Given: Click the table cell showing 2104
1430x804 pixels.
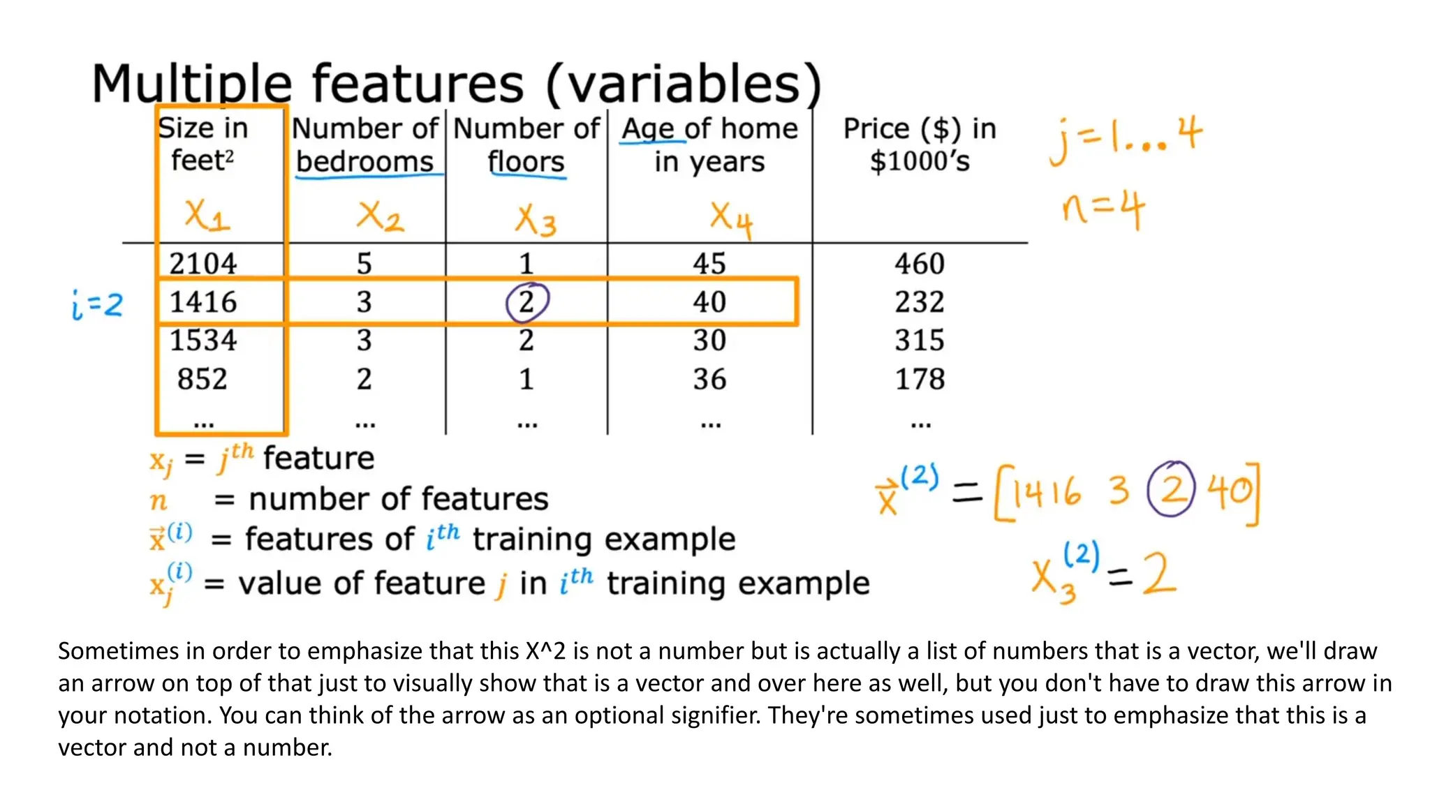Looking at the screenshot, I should tap(202, 264).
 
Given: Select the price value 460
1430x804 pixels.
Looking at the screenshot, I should tap(920, 264).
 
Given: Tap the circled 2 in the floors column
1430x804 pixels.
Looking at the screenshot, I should tap(527, 302).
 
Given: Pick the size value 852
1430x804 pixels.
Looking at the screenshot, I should tap(202, 379).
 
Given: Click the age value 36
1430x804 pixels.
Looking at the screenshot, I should tap(709, 379).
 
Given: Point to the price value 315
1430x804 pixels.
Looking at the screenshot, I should tap(920, 341).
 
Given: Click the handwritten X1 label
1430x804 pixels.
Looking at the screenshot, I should tap(207, 215).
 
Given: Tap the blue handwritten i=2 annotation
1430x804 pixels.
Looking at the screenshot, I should tap(97, 304).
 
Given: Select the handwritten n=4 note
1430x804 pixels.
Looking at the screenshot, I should tap(1103, 209).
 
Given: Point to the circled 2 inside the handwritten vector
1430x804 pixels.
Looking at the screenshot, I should tap(1171, 489).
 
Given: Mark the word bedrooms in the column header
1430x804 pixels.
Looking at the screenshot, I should tap(365, 162).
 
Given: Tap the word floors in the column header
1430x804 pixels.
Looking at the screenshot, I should tap(526, 162).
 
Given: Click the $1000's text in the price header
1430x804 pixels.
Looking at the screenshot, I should tap(920, 161).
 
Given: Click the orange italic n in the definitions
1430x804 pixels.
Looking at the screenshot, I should tap(159, 500).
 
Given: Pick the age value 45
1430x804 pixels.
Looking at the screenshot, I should tap(709, 264).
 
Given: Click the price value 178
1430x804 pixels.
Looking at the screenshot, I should tap(920, 379).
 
